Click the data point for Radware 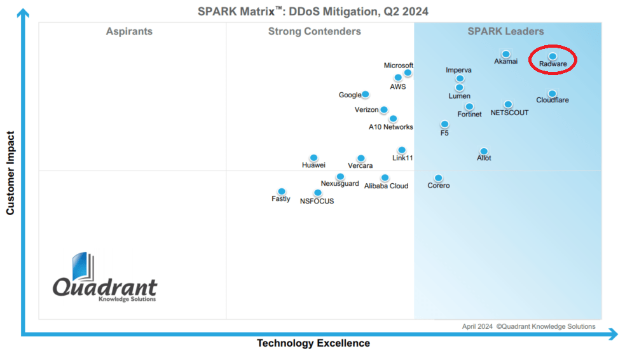coord(553,56)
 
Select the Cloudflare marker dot coord(552,93)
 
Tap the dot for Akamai coord(505,54)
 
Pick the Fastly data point coord(282,191)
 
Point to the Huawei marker coord(313,157)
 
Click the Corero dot coord(438,177)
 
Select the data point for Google coord(365,94)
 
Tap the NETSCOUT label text coord(509,113)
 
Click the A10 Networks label coord(391,127)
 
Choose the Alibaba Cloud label coord(386,186)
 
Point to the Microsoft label coord(399,66)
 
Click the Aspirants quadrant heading coord(129,31)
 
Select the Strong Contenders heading coord(314,31)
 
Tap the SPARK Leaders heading coord(505,31)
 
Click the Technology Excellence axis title coord(313,343)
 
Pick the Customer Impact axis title coord(10,172)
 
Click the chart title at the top coord(312,11)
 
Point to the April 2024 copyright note coord(528,326)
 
